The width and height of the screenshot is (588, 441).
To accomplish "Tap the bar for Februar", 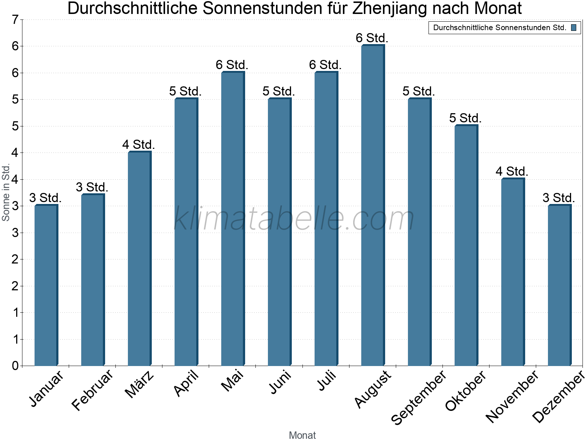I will tap(93, 280).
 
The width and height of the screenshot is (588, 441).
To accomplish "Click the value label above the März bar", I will tap(139, 145).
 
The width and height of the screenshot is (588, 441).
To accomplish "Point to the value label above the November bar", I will tap(512, 172).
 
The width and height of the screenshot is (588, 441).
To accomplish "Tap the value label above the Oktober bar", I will tap(465, 118).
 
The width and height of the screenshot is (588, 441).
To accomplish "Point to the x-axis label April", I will tap(186, 383).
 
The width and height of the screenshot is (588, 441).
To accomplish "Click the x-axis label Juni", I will tap(280, 382).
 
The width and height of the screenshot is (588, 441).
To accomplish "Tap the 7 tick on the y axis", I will tap(15, 20).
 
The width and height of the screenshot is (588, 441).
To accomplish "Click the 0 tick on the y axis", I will tap(15, 366).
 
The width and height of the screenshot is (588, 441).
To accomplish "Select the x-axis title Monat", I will tap(302, 435).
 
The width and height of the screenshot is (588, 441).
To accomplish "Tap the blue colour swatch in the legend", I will tap(574, 28).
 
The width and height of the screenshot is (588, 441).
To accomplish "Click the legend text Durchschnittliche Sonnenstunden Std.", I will tap(499, 28).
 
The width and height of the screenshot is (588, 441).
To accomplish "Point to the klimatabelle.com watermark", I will tap(294, 219).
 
